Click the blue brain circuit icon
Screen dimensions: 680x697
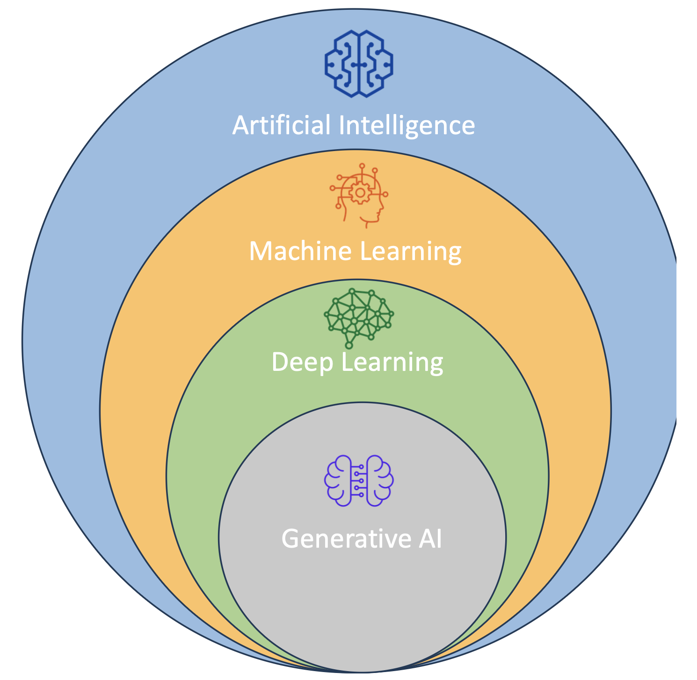[x=359, y=64]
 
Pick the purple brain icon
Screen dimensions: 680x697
[x=359, y=481]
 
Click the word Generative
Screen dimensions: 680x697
[x=346, y=539]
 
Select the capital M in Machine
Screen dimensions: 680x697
[x=260, y=251]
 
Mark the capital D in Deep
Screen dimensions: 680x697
[x=280, y=362]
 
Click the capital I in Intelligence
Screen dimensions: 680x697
[x=341, y=125]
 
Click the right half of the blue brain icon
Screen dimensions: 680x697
[x=377, y=64]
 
